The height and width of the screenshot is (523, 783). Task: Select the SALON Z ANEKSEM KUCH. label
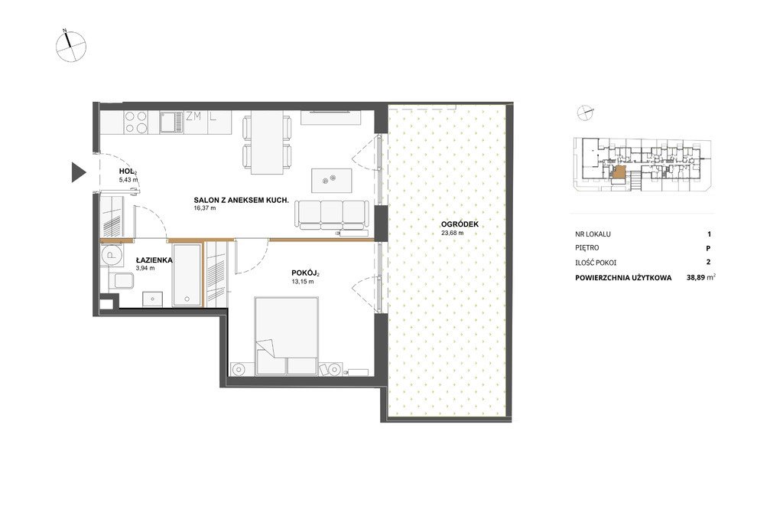[241, 200]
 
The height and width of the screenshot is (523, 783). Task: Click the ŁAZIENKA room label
[154, 260]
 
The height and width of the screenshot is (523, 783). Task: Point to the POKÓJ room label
[305, 273]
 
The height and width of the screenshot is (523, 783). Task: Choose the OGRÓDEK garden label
[460, 224]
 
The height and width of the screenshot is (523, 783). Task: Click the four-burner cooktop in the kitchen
[136, 122]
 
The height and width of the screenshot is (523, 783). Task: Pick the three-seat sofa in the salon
[332, 215]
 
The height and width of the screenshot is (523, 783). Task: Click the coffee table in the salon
[332, 180]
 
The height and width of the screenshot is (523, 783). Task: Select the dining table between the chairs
[267, 142]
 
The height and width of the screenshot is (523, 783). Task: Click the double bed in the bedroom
[287, 336]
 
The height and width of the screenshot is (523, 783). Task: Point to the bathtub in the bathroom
[187, 275]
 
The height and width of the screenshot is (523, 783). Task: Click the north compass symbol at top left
[71, 46]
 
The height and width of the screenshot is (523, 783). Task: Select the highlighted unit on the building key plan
[619, 173]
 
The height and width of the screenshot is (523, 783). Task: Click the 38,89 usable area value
[696, 277]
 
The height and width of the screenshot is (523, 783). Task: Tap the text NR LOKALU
[593, 234]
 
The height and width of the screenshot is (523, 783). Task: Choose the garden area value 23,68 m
[453, 233]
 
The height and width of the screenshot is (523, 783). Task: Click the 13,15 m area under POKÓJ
[303, 282]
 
